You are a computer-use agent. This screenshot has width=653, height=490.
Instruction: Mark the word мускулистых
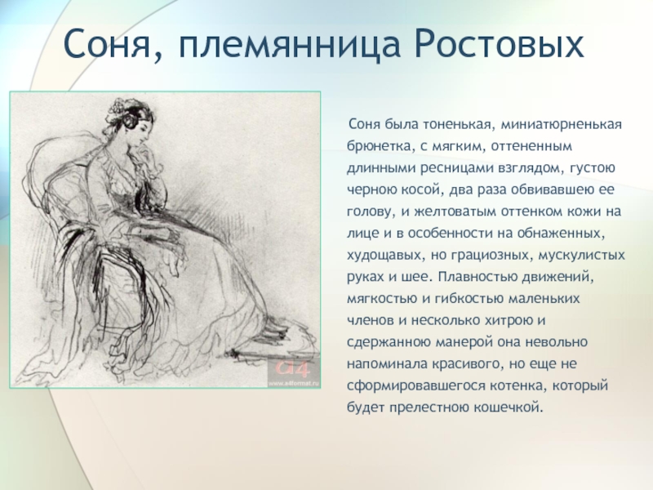tap(582, 255)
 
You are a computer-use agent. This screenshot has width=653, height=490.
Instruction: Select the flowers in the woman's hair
tap(118, 109)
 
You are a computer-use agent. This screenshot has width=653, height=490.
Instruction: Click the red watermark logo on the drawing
tap(293, 370)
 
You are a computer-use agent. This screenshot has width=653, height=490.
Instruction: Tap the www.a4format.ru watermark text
tap(293, 382)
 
